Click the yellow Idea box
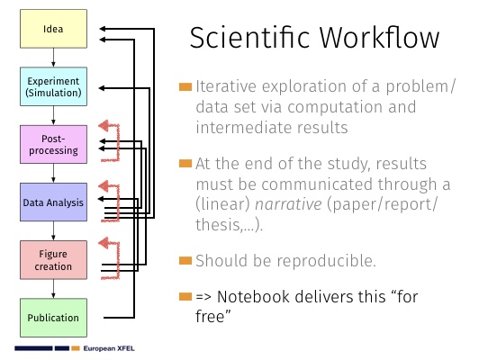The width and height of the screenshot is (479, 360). point(53,29)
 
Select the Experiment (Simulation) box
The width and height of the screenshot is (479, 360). point(53,86)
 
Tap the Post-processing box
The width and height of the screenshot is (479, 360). point(53,144)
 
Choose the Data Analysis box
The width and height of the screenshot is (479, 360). point(53,202)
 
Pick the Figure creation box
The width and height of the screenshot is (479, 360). point(53,260)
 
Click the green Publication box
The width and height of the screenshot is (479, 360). point(53,318)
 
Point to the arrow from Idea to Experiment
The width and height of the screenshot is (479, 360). point(53,58)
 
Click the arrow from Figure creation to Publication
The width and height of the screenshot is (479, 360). point(53,289)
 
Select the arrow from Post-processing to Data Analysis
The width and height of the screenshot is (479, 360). point(53,173)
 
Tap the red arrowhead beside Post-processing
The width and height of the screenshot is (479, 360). point(104,125)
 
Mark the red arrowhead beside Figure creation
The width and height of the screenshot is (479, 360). point(104,243)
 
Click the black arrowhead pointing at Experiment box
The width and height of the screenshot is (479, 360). point(102,88)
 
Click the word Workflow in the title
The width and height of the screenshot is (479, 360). point(379,38)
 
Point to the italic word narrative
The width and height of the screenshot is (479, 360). point(288,204)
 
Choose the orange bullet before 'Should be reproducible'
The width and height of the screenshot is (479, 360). point(185,261)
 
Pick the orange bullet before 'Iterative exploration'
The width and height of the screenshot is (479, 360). point(185,87)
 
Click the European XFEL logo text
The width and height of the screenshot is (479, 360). point(109,348)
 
